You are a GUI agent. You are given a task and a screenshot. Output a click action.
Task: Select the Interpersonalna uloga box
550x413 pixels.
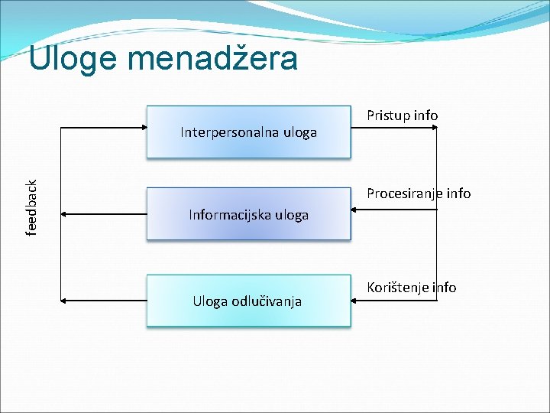click(x=248, y=132)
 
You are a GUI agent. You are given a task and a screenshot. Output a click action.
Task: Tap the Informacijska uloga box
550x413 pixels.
click(x=248, y=214)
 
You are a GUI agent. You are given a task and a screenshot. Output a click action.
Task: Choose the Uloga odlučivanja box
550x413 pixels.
click(x=248, y=301)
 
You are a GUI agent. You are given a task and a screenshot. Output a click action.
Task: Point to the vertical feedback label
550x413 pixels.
click(x=32, y=207)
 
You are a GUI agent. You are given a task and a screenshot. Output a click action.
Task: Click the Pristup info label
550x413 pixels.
click(x=402, y=115)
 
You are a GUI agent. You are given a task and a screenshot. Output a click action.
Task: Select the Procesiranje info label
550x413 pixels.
click(x=419, y=193)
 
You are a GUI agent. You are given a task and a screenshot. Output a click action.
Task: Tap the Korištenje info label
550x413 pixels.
click(x=411, y=288)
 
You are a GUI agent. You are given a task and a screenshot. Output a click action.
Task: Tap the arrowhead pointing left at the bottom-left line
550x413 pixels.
click(x=63, y=301)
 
